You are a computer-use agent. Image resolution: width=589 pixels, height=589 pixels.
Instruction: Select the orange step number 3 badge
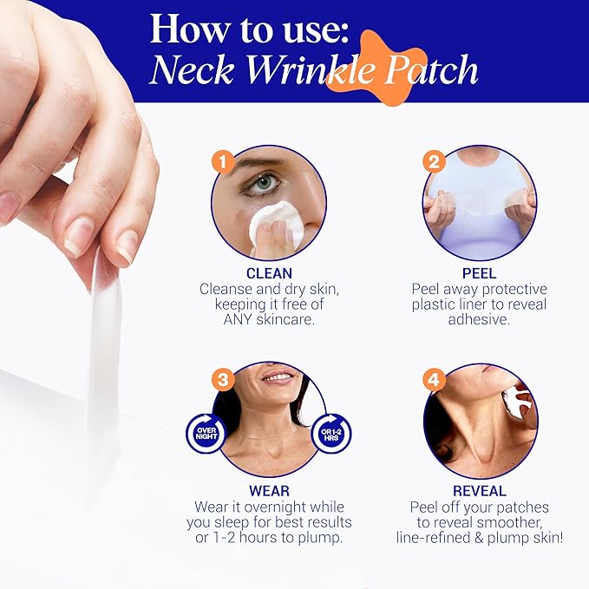pyautogui.click(x=225, y=379)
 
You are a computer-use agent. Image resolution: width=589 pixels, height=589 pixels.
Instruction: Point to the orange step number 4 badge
pyautogui.click(x=435, y=379)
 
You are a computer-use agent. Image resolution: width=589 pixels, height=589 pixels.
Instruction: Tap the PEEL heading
pyautogui.click(x=480, y=272)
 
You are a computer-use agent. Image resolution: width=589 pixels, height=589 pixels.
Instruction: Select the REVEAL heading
pyautogui.click(x=480, y=491)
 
